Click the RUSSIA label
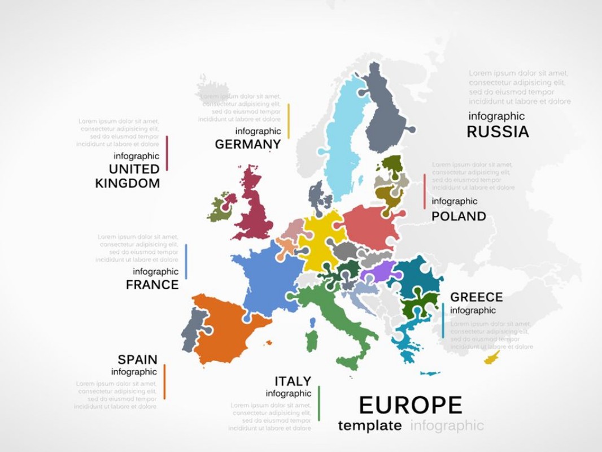tap(498, 132)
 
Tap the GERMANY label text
tap(247, 145)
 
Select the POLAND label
tap(459, 216)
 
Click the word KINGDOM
tap(128, 183)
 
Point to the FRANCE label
tap(152, 285)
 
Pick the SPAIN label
tap(137, 359)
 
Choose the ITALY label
tap(293, 381)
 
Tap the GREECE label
tap(476, 297)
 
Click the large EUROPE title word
tap(411, 405)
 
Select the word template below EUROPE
tap(370, 425)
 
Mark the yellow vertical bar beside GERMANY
tap(289, 121)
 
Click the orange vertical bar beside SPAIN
tap(164, 381)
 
